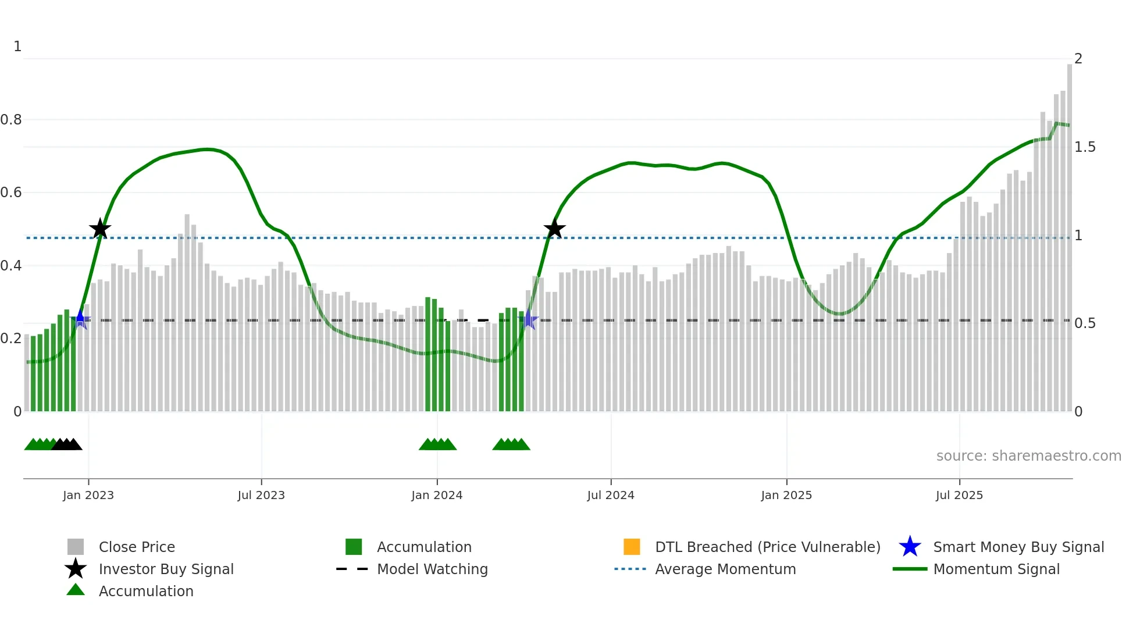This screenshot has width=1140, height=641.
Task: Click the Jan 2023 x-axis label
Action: coord(88,496)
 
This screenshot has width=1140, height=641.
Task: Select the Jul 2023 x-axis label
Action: coord(261,496)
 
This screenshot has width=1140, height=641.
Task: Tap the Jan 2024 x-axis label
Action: coord(437,496)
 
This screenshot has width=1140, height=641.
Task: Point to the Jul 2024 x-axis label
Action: coord(611,496)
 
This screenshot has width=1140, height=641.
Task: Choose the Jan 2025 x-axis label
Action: coord(786,496)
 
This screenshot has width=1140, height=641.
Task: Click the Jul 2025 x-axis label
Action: coord(959,496)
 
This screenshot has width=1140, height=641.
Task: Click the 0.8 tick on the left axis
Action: coord(11,120)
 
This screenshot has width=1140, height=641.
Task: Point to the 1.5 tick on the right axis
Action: coord(1085,147)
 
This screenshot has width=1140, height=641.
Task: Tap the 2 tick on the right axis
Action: coord(1078,59)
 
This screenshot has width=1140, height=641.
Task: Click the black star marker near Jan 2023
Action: coord(100,229)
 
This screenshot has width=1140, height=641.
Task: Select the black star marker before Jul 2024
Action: coord(555,229)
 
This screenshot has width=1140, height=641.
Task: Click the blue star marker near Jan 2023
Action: coord(80,319)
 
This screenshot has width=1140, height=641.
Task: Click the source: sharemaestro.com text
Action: coord(1028,456)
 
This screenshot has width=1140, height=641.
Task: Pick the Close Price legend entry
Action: coord(137,547)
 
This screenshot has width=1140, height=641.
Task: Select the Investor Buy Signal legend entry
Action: coord(166,569)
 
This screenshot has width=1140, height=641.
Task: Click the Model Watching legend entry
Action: coord(432,569)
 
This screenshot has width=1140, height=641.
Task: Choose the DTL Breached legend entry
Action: coord(767,547)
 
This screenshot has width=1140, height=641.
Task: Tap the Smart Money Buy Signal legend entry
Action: coord(1018,547)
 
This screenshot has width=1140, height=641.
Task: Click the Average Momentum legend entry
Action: coord(725,569)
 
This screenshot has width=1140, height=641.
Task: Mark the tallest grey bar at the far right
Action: coord(1069,233)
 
